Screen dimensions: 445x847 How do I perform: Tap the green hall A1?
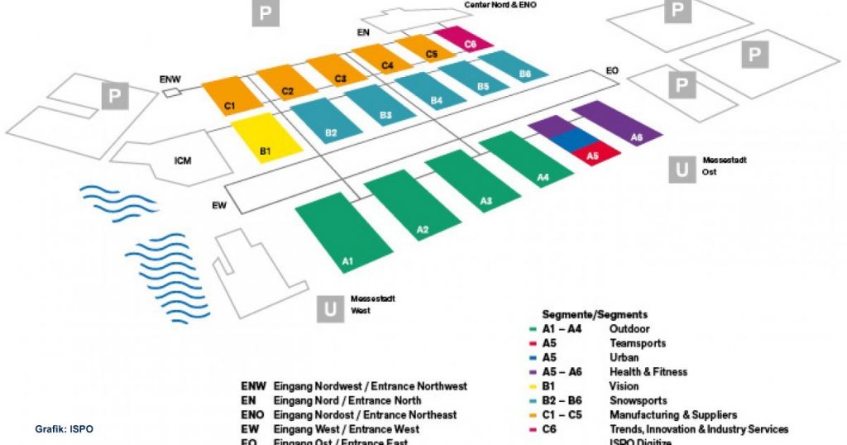click(344, 235)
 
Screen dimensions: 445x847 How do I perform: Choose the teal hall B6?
click(516, 68)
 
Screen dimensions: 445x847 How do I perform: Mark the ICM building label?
click(183, 160)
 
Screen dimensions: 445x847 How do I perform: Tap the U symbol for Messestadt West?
click(330, 309)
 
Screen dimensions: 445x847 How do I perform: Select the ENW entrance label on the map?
click(170, 79)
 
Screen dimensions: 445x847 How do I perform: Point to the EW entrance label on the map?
click(217, 205)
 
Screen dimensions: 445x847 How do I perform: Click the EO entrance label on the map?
click(612, 70)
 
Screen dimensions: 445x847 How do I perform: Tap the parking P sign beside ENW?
click(116, 96)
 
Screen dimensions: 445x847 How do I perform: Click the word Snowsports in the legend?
click(639, 400)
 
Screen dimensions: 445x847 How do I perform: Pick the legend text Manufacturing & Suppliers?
click(672, 414)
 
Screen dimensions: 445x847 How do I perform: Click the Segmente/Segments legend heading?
click(595, 314)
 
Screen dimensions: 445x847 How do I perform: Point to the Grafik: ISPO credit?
click(64, 429)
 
